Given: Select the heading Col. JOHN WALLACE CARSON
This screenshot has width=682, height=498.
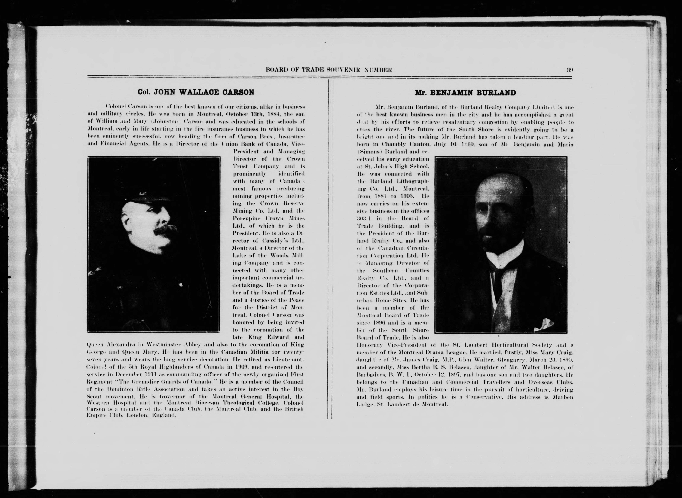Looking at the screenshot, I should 196,92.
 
